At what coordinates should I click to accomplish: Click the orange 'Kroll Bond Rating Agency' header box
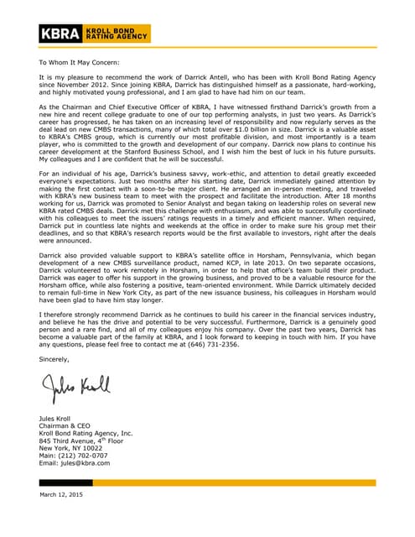[x=118, y=34]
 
